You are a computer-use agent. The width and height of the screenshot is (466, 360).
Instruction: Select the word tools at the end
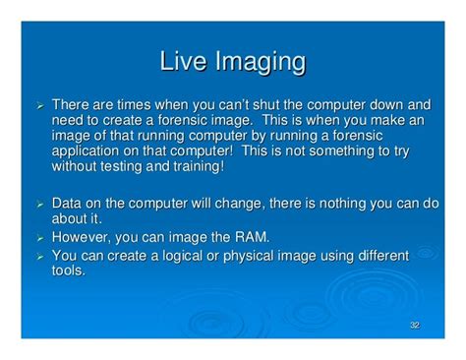point(68,269)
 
